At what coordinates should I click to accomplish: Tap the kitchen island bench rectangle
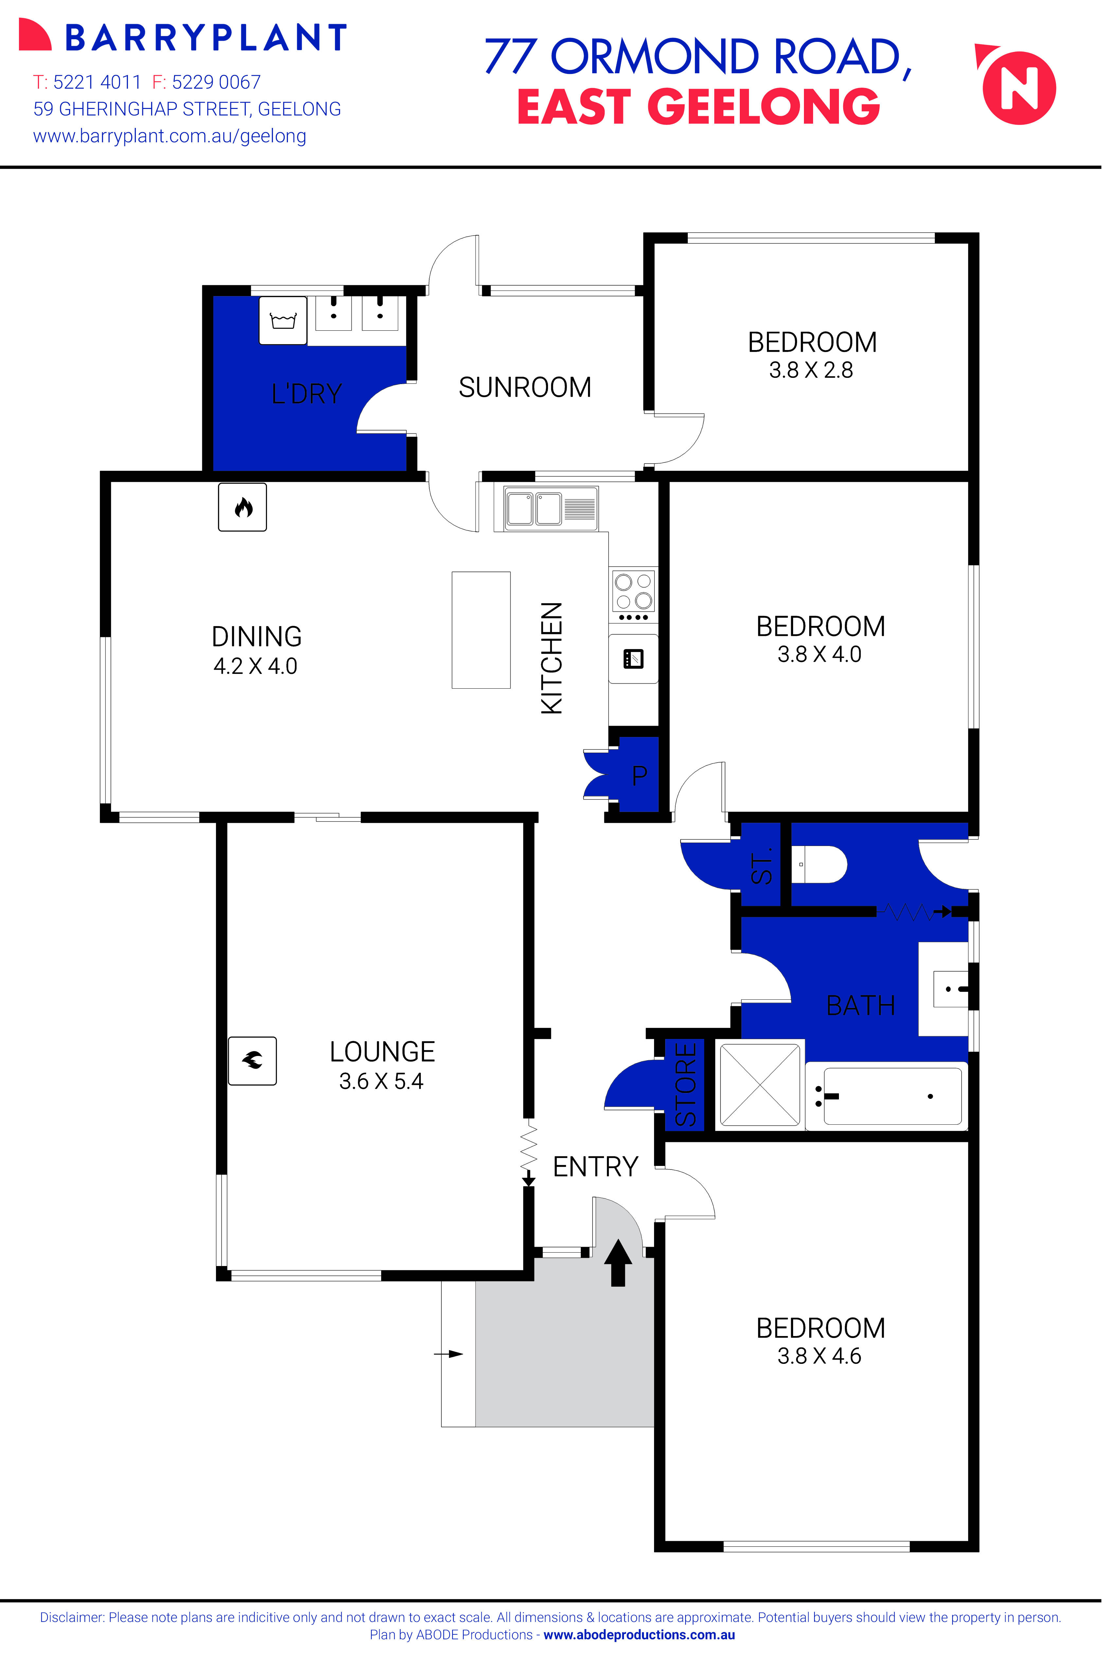(481, 629)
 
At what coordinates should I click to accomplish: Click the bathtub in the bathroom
(887, 1096)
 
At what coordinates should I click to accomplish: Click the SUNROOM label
(525, 387)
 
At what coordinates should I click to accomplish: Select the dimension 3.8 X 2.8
(811, 370)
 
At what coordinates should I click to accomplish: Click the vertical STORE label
(685, 1084)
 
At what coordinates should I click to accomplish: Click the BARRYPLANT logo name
(206, 38)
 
